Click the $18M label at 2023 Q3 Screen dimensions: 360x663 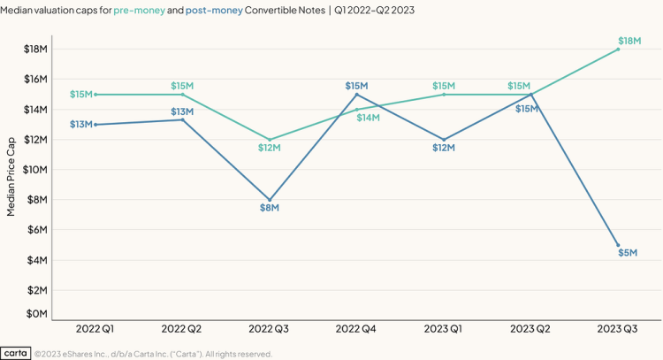point(629,41)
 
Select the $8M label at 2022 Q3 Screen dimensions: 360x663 point(270,208)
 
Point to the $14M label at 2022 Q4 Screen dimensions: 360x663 point(368,117)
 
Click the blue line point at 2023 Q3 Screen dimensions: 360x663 point(618,245)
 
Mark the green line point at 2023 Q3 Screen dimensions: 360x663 point(618,49)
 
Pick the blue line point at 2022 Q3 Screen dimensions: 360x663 point(270,200)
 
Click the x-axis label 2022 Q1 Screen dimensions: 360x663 point(95,329)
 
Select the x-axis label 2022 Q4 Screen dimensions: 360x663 point(356,329)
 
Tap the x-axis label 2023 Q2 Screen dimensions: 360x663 point(531,329)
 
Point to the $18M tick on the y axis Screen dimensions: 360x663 point(35,49)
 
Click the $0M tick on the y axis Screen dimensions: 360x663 point(35,313)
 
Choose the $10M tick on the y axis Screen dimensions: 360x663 point(35,170)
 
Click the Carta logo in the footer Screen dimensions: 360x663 point(16,353)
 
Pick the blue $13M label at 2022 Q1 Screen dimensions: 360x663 point(81,125)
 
